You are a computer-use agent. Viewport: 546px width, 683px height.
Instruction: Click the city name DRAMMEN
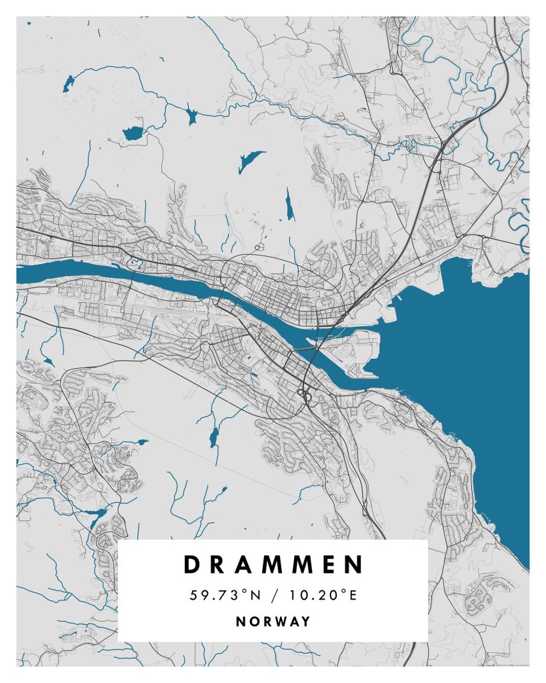pos(273,564)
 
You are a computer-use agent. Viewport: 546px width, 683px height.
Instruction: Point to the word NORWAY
pos(273,622)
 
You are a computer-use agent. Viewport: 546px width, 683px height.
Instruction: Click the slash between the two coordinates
pos(273,595)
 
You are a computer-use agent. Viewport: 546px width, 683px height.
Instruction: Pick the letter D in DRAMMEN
pos(192,564)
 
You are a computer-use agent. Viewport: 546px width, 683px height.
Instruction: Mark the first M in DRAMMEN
pos(274,564)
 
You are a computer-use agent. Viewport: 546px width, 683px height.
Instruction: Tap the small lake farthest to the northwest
pos(69,84)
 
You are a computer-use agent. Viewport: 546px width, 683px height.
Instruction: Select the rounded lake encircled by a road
pos(133,133)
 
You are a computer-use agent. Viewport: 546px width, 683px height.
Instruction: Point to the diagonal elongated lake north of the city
pos(251,160)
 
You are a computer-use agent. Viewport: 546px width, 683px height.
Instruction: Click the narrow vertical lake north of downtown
pos(289,205)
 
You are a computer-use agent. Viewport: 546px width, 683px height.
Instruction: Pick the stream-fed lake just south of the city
pos(213,438)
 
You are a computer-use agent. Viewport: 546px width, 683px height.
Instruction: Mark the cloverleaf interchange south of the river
pos(308,397)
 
